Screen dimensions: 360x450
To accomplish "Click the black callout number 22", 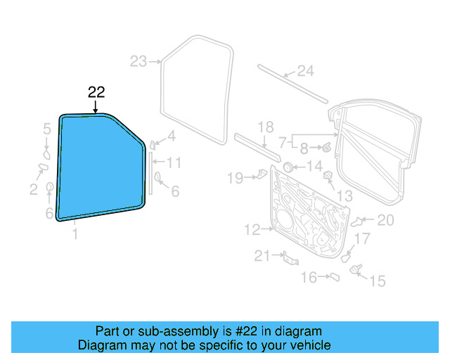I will coord(96,92).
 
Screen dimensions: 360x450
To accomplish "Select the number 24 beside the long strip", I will coord(304,70).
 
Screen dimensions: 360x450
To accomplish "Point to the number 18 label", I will coord(264,127).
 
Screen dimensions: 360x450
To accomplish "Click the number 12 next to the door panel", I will coord(252,229).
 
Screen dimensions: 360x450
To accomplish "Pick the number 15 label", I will coord(378,281).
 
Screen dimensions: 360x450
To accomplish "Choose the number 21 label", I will coord(262,257).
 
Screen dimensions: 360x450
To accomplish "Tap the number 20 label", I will coord(385,220).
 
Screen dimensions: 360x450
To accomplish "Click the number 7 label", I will coord(282,141).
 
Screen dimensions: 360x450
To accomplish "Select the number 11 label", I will coord(174,163).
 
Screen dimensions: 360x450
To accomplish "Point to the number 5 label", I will coord(47,129).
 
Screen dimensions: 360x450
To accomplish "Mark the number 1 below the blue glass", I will coord(75,235).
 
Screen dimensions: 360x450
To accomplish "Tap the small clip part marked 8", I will coord(327,148).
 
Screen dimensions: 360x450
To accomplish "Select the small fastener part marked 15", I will coord(355,269).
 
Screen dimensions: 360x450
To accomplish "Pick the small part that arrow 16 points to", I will coord(335,278).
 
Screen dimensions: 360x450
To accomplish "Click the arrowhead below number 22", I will coord(96,110).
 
